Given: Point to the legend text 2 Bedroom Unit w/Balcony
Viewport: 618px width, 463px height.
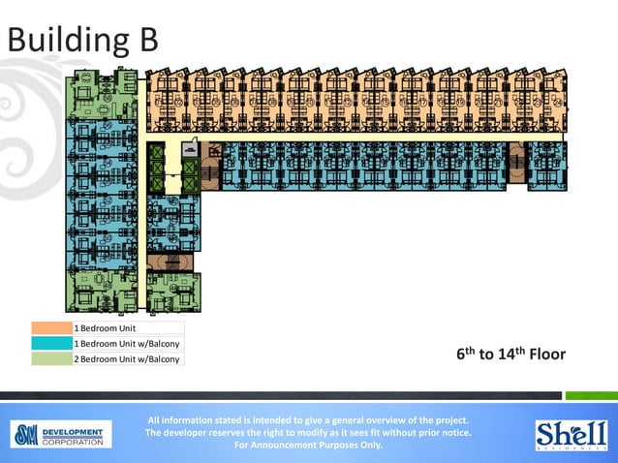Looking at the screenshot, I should click(x=127, y=359).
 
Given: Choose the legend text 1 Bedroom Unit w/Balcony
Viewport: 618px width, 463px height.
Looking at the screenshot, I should click(x=127, y=344).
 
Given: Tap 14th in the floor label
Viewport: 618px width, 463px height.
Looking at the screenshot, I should click(x=511, y=354).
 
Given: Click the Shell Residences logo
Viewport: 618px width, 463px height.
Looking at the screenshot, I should click(x=572, y=434).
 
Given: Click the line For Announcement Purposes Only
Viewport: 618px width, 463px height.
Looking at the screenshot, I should click(x=309, y=446).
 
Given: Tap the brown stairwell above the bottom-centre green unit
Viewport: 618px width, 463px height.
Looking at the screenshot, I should click(x=170, y=262).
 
